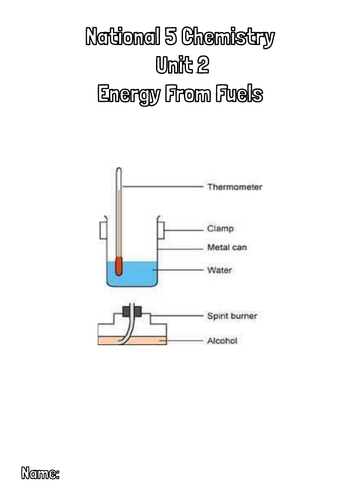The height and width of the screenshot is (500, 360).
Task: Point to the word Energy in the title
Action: pos(126,95)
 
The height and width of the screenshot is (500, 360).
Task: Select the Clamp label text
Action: pos(219,228)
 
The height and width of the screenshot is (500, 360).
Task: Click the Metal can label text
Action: pos(227,248)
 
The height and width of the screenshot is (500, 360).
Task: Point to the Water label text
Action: pos(219,270)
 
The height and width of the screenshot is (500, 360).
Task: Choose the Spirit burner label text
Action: pos(232,316)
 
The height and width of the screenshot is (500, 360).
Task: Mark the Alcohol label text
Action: pos(221,341)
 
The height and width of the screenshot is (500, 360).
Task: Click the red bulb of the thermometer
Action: pos(118,268)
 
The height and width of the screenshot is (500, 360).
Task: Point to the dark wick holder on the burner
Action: pos(130,311)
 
